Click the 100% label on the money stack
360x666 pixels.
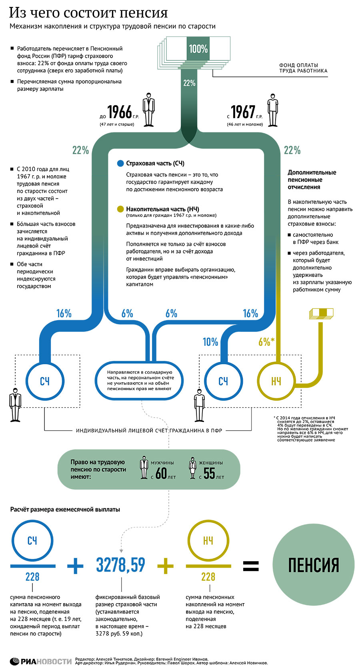198,49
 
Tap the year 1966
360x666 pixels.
120,112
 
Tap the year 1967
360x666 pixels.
243,112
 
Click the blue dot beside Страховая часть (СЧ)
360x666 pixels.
120,164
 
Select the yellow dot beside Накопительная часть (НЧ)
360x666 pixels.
120,209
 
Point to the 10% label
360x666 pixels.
210,342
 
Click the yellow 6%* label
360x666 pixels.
266,342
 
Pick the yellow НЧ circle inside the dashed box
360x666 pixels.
276,381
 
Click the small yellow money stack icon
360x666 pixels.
321,314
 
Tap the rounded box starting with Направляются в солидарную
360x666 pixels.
139,381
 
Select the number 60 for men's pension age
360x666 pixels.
161,473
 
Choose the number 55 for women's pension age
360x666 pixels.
209,473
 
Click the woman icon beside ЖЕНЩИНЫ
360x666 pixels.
192,468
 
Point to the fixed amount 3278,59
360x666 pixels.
120,565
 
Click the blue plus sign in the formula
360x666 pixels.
76,566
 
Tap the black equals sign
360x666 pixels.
251,566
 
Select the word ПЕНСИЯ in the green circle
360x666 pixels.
313,565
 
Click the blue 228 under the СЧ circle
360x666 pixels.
32,577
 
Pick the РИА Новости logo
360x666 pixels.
41,661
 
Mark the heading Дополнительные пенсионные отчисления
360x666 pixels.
312,180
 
